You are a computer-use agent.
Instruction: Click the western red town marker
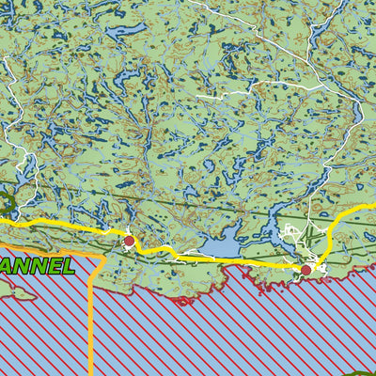129,242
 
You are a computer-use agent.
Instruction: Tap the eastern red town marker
305,270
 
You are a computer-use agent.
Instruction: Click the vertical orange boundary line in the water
91,320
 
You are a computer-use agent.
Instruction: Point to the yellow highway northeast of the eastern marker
344,221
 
